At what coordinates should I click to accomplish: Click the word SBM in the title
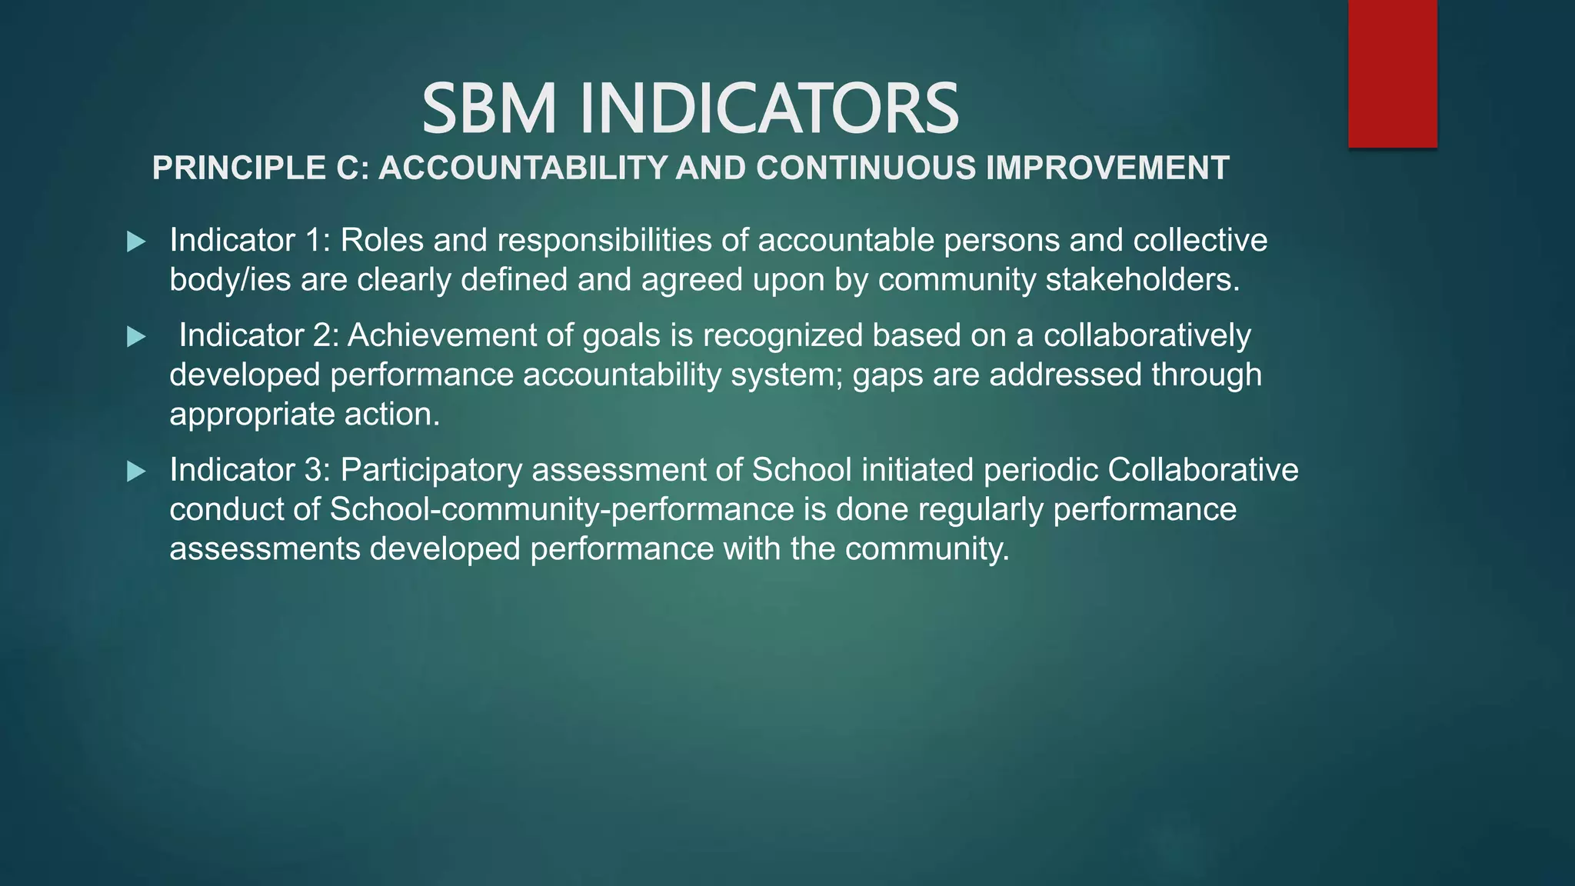tap(489, 108)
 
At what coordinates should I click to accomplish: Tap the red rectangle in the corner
tap(1392, 73)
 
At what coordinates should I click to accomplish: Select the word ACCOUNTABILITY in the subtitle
tap(522, 168)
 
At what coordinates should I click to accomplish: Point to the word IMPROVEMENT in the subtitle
tap(1107, 168)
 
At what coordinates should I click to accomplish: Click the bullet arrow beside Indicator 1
tap(136, 241)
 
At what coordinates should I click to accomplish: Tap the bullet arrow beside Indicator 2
tap(136, 336)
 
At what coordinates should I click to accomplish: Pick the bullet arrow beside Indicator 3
tap(136, 471)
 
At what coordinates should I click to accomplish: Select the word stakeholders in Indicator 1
tap(1143, 280)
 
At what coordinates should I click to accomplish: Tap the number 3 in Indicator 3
tap(313, 470)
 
